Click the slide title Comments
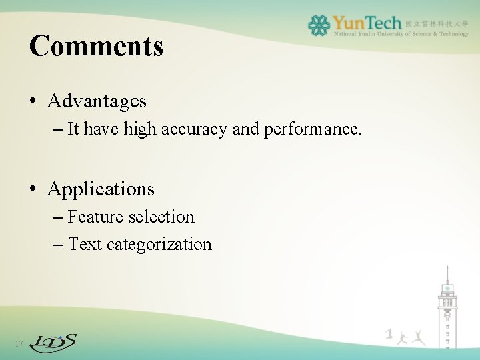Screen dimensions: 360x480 96,46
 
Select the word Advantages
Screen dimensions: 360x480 97,101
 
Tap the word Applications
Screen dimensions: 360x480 101,189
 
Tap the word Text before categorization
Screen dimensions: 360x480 85,245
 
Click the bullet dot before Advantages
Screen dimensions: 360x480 33,102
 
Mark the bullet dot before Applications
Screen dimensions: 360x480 33,190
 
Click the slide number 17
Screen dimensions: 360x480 19,344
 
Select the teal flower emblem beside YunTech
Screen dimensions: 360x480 319,25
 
